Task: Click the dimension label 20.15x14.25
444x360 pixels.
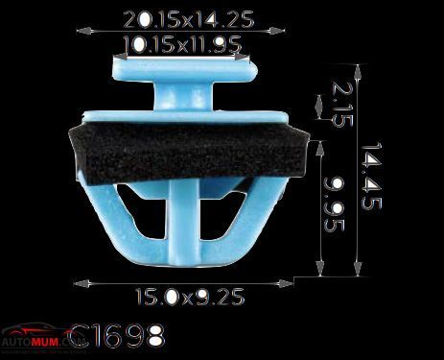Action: pos(189,19)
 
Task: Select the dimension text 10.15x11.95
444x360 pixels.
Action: pos(182,44)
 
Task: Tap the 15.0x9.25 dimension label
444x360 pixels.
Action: pos(190,297)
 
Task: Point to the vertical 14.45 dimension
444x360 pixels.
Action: pos(371,176)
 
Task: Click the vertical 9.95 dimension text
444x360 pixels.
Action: pos(335,204)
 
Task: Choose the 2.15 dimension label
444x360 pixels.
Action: pos(342,104)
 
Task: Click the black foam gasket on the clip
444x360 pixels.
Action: pos(189,154)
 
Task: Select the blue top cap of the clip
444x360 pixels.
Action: pos(185,70)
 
